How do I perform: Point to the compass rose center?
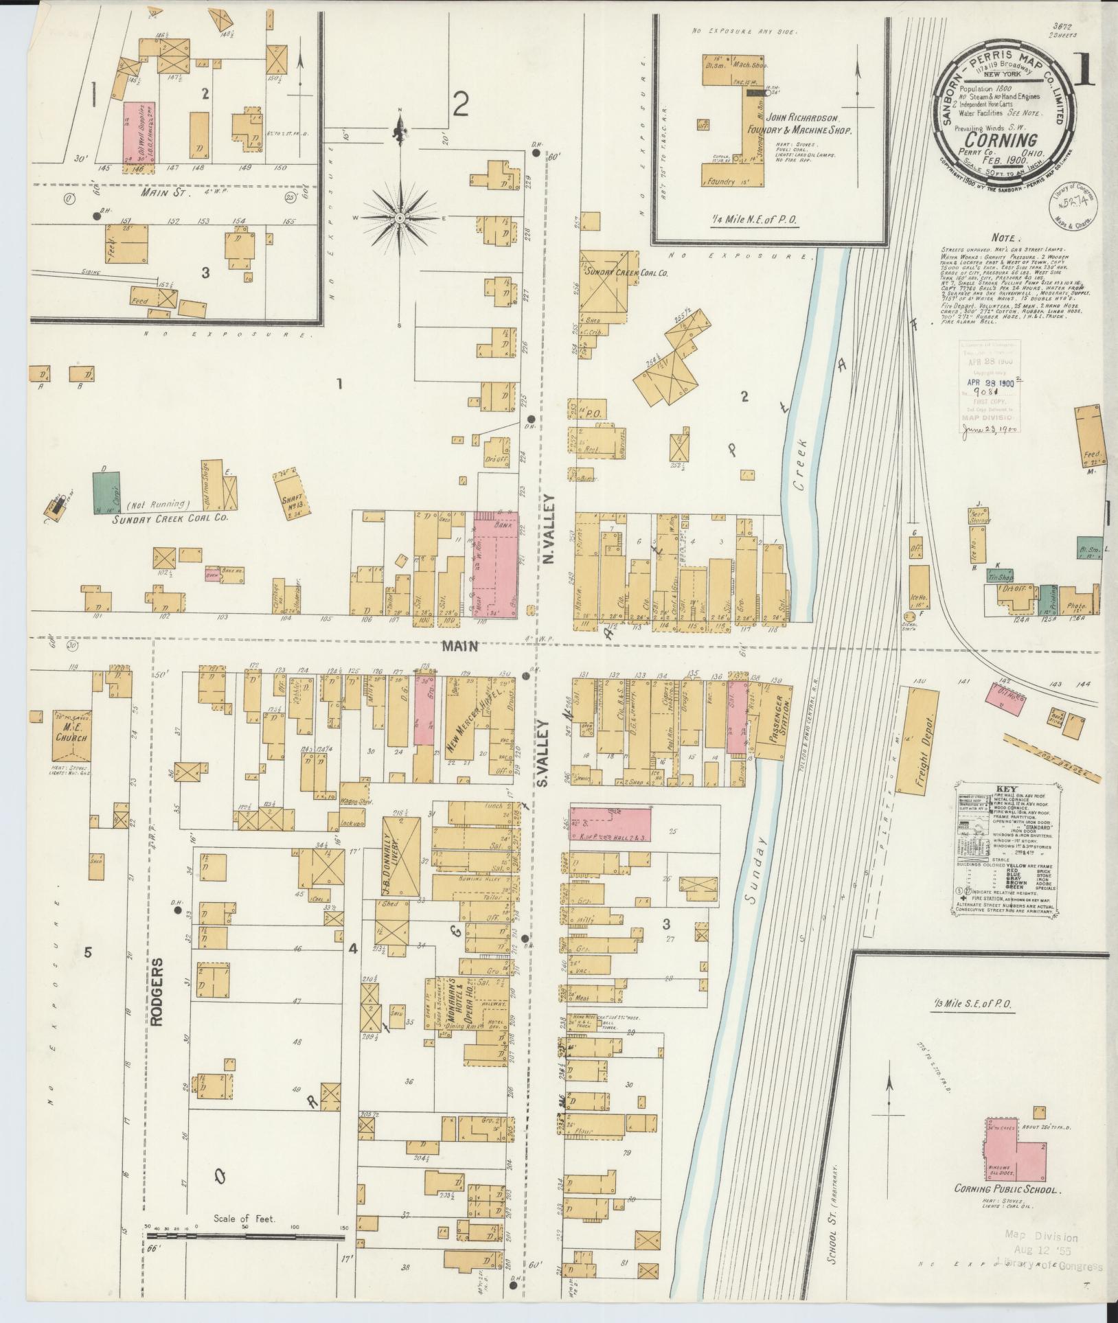pyautogui.click(x=399, y=218)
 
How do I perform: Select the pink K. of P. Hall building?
pyautogui.click(x=611, y=823)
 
